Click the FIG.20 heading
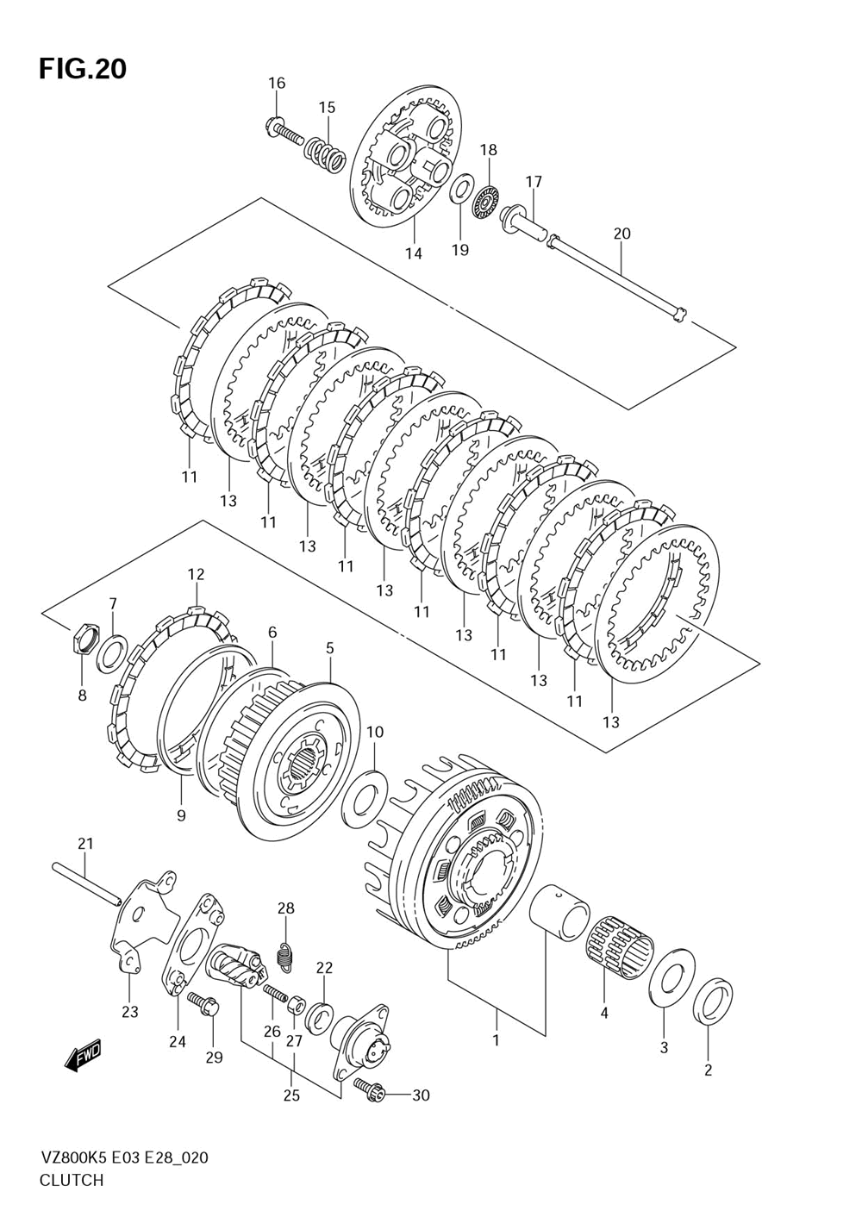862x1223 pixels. point(83,69)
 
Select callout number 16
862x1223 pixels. point(277,83)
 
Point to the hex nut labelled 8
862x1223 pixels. point(84,640)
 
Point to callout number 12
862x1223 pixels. point(196,574)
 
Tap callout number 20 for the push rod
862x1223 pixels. point(622,234)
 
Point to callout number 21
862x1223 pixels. point(85,844)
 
